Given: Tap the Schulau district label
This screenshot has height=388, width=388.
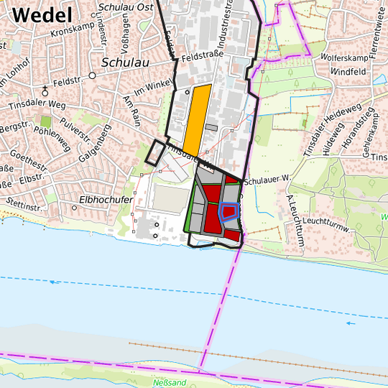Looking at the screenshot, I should pyautogui.click(x=125, y=63).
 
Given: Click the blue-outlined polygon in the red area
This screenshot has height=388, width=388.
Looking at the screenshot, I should pyautogui.click(x=229, y=211).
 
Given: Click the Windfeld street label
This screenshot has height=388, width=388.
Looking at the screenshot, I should pyautogui.click(x=348, y=72).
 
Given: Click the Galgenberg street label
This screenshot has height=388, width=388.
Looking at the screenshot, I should pyautogui.click(x=95, y=144).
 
